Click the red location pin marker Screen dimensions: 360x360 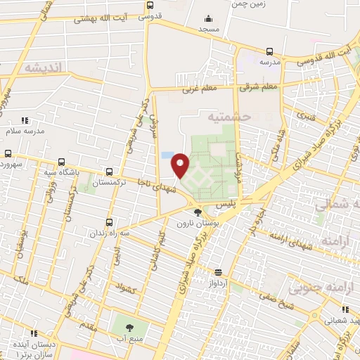(181, 165)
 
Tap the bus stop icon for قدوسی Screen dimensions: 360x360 (150, 6)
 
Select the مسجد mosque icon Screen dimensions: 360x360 (207, 19)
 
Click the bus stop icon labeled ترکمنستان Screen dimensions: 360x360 (109, 171)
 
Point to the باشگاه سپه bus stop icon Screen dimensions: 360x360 (62, 161)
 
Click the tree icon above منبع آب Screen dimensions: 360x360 (129, 328)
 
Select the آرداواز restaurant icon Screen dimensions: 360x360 (218, 272)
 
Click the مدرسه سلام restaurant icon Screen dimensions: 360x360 (25, 121)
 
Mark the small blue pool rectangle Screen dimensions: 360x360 (166, 155)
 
